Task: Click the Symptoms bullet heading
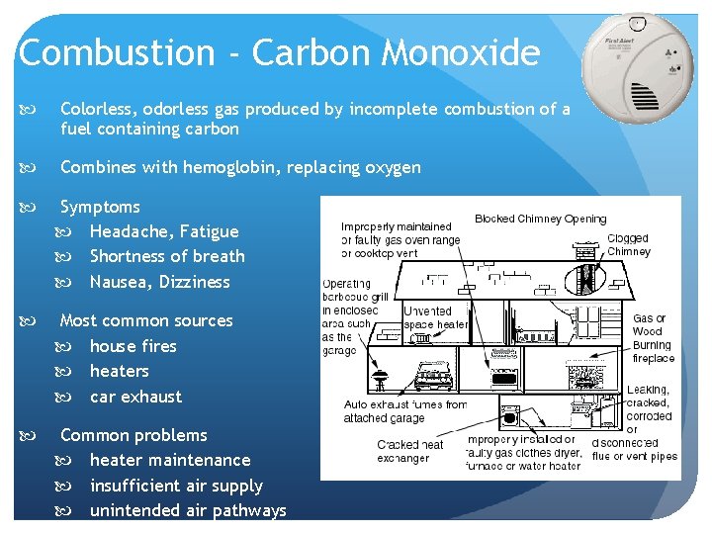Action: [100, 207]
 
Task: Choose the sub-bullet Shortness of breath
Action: [166, 256]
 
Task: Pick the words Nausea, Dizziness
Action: [159, 282]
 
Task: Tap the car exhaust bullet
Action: [135, 397]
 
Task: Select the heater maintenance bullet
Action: [170, 460]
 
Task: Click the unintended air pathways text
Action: [188, 510]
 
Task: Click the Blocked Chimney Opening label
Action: [540, 219]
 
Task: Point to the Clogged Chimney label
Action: [627, 244]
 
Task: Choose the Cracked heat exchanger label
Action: [411, 451]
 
